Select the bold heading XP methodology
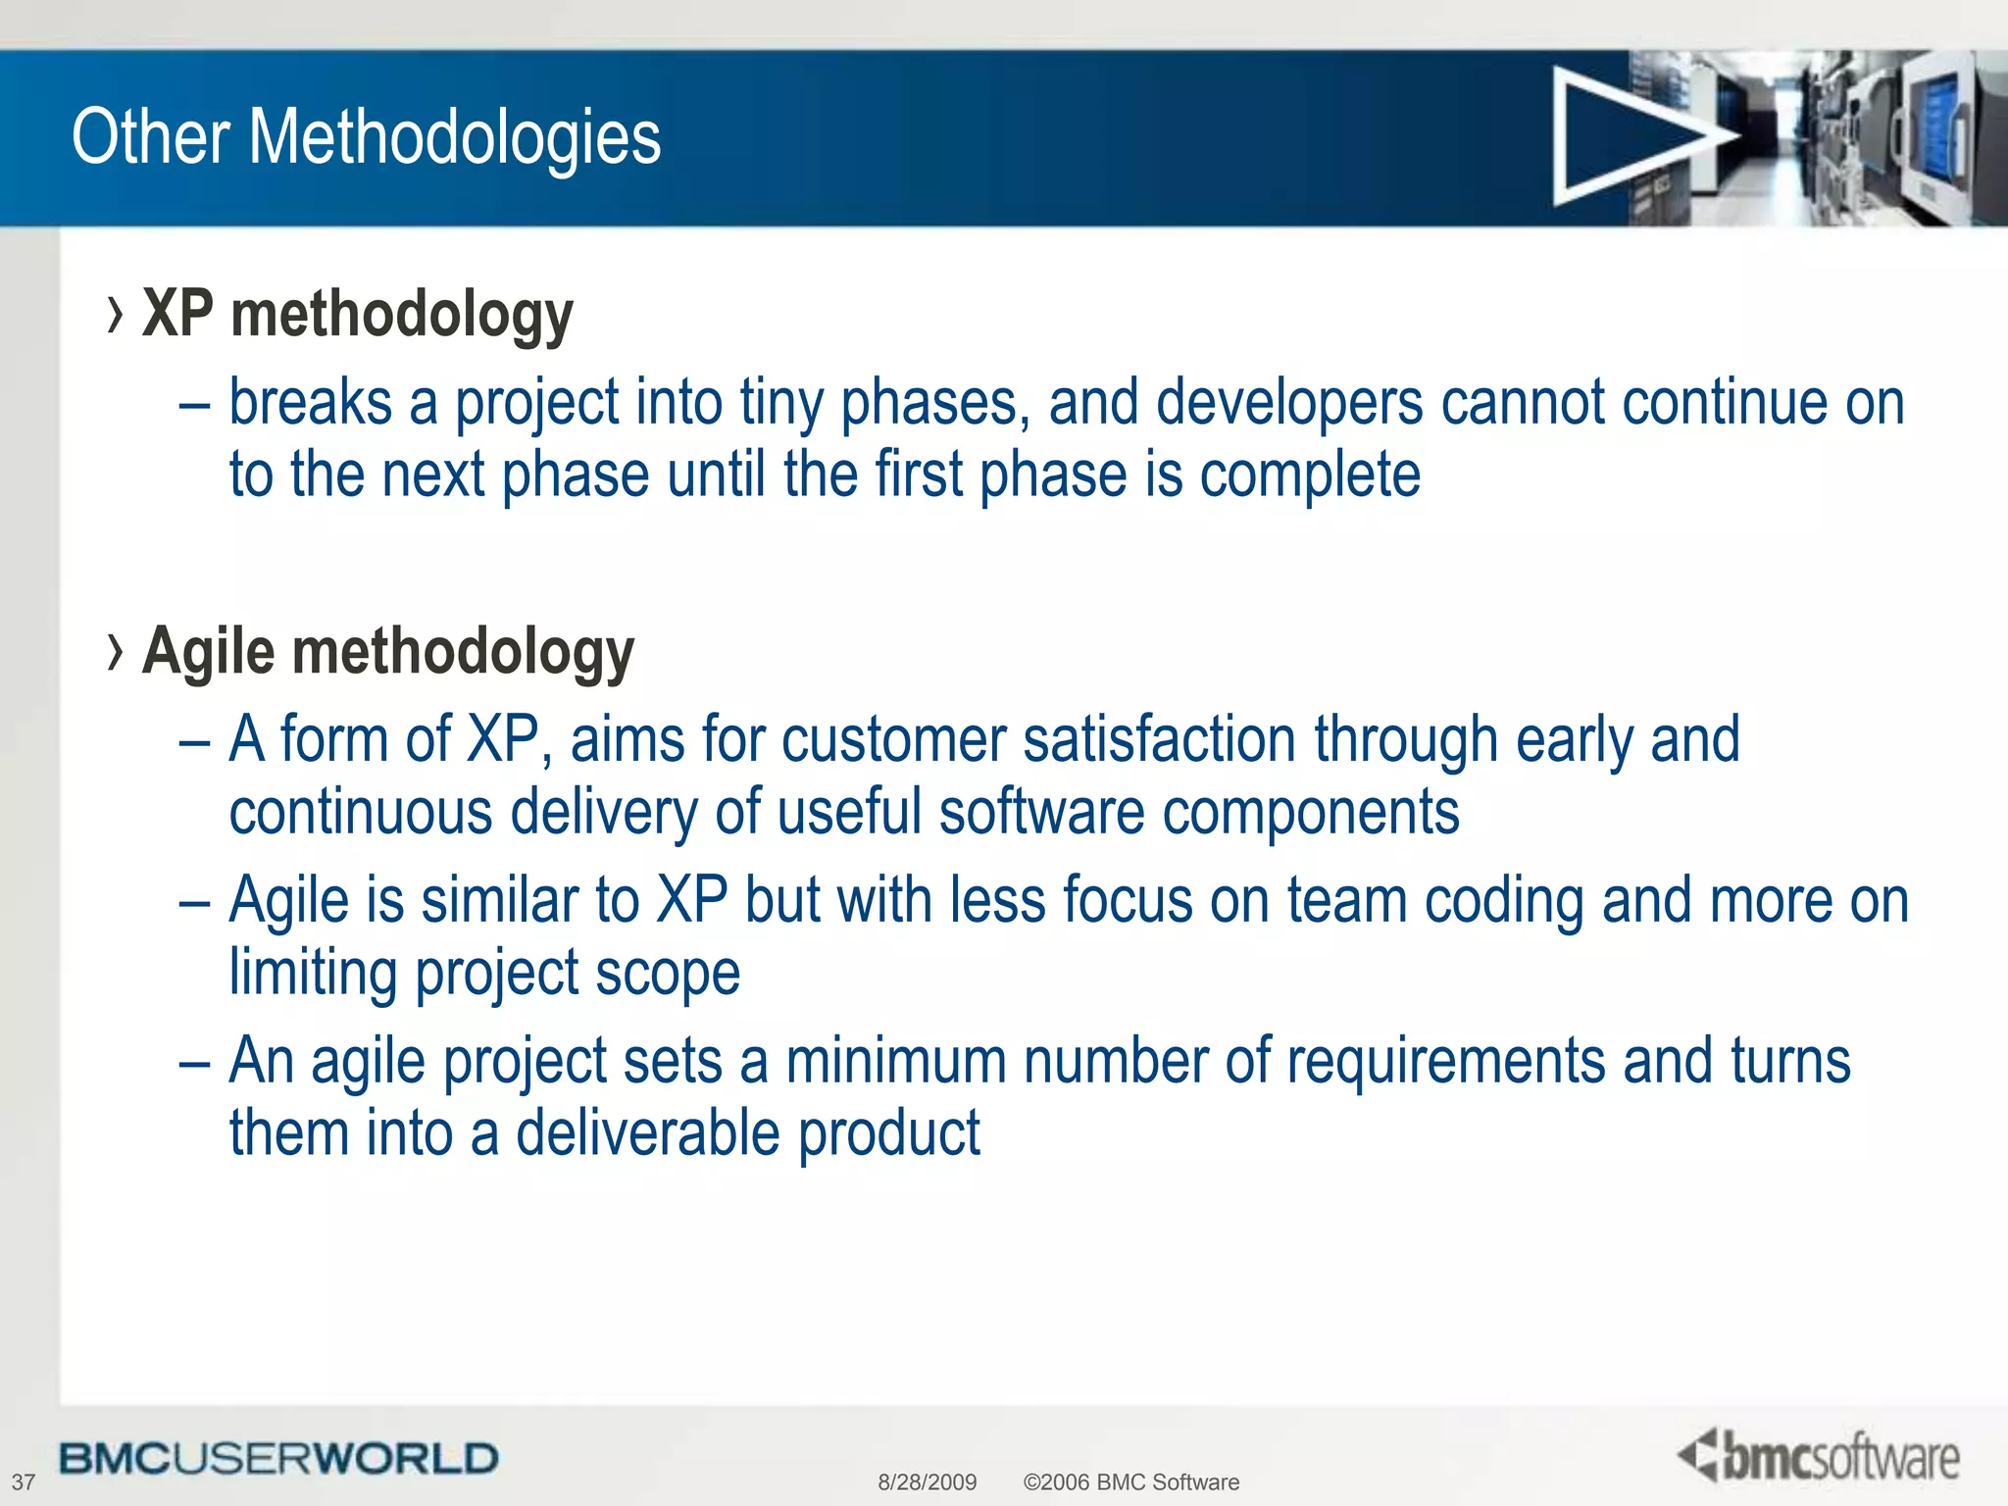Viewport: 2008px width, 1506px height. point(357,316)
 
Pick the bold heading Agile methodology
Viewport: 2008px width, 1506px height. point(388,653)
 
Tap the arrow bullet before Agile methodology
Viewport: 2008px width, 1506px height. point(116,653)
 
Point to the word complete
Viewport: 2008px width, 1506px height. point(1310,476)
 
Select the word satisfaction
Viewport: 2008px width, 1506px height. point(1159,740)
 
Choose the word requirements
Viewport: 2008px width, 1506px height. point(1445,1062)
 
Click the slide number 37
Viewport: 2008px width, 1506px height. point(23,1482)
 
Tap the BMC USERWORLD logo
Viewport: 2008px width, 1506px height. point(278,1459)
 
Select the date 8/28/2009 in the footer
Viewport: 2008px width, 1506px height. point(927,1482)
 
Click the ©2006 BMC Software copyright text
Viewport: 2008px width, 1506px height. point(1130,1482)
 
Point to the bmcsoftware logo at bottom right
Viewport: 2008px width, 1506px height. point(1819,1457)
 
